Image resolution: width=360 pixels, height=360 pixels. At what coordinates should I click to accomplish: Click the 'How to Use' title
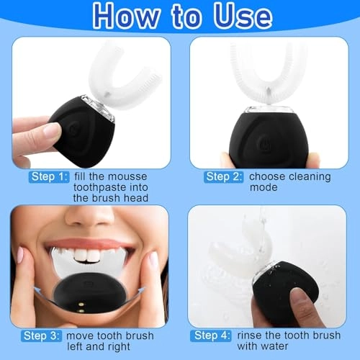(x=180, y=16)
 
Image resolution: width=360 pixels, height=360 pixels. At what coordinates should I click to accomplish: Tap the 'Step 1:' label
(x=49, y=176)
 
